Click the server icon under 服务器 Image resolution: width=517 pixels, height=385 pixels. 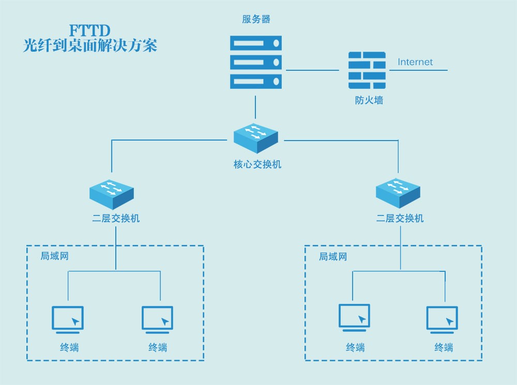tap(256, 61)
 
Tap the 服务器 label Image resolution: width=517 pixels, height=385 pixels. tap(256, 20)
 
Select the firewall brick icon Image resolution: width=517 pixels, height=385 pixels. tap(367, 70)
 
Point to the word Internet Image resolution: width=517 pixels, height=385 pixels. tap(415, 62)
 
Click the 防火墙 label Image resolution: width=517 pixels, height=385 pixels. tap(369, 101)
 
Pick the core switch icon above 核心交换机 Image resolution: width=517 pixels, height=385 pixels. tap(255, 137)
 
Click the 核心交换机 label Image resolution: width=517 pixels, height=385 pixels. tap(257, 165)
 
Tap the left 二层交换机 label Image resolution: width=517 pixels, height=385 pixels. tap(116, 219)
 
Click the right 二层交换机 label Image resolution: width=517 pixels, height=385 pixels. tap(400, 219)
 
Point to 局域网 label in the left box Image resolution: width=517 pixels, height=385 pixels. tap(55, 256)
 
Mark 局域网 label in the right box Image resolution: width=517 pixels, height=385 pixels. tap(333, 256)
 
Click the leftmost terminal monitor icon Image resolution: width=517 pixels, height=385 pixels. tap(68, 319)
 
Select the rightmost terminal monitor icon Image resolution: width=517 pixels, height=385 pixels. tap(442, 319)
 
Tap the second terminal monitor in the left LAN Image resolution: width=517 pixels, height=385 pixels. tap(158, 319)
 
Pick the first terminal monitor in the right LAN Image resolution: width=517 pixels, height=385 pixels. tap(354, 317)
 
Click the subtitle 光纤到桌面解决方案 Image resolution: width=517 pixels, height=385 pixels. tap(90, 45)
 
